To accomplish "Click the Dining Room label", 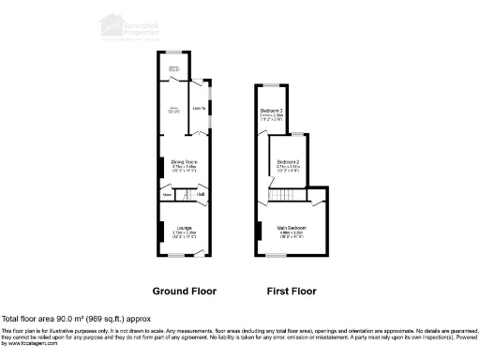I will (183, 163).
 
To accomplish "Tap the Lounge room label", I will (184, 228).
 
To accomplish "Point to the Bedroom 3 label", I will (272, 112).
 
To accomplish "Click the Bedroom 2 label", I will (288, 163).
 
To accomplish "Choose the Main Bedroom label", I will (292, 228).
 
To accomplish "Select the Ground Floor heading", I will (184, 291).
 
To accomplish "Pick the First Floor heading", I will (291, 291).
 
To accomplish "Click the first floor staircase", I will (284, 193).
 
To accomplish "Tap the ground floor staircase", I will (184, 194).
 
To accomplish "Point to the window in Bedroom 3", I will (272, 86).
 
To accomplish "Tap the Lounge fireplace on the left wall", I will (159, 230).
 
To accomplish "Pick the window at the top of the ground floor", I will (174, 52).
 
